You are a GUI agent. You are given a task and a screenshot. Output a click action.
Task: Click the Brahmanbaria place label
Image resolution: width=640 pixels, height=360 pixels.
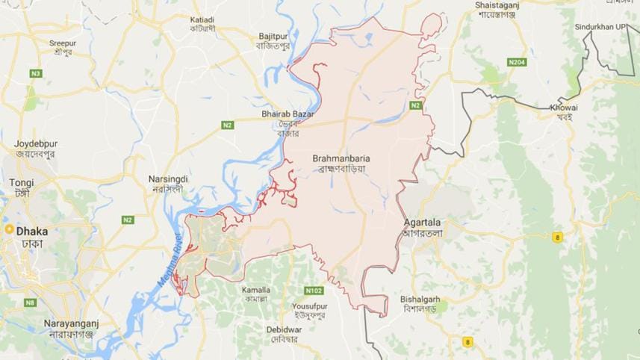point(341,159)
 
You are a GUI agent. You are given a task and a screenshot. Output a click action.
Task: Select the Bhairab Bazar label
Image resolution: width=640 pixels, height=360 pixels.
point(288,114)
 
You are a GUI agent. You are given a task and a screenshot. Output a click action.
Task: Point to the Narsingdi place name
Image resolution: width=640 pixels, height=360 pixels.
point(167,180)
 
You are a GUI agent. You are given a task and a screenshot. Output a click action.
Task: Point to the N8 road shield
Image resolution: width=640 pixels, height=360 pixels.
point(30,302)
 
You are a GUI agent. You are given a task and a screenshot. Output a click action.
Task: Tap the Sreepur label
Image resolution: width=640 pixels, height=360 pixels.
point(63,43)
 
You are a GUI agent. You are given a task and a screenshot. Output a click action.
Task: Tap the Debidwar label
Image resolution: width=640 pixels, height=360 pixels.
point(282,328)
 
